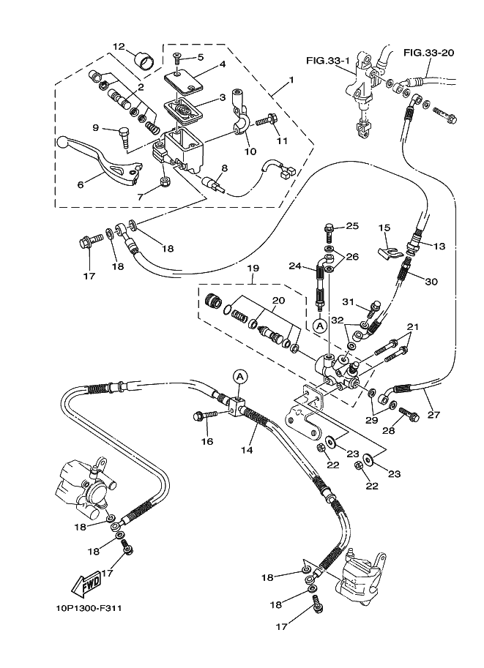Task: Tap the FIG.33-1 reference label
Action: (327, 60)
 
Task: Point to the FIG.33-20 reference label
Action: (428, 52)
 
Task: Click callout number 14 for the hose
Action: (247, 450)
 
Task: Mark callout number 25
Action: (352, 226)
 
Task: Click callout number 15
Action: (384, 228)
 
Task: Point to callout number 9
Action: (95, 127)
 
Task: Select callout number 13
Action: (439, 247)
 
